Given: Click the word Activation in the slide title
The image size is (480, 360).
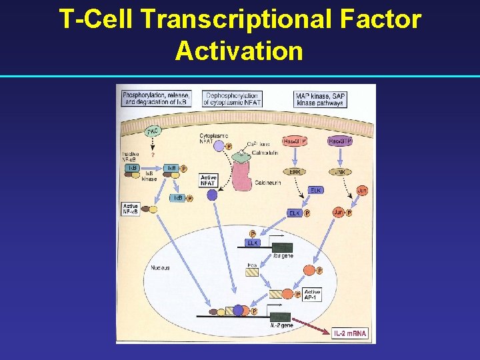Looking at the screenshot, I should (239, 51).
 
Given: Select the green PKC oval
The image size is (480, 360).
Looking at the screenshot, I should (153, 130).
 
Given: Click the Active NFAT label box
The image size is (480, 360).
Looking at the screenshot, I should (208, 180).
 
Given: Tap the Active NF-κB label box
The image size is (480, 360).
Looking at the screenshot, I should (131, 209).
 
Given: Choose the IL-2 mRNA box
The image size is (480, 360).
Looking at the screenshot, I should (351, 332).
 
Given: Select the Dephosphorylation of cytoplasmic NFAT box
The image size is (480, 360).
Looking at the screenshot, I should (233, 99).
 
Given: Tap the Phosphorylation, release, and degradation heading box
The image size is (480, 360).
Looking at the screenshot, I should (157, 99).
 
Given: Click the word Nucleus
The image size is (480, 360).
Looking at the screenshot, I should (160, 268).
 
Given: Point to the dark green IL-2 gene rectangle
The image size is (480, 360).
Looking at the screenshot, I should (280, 315).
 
